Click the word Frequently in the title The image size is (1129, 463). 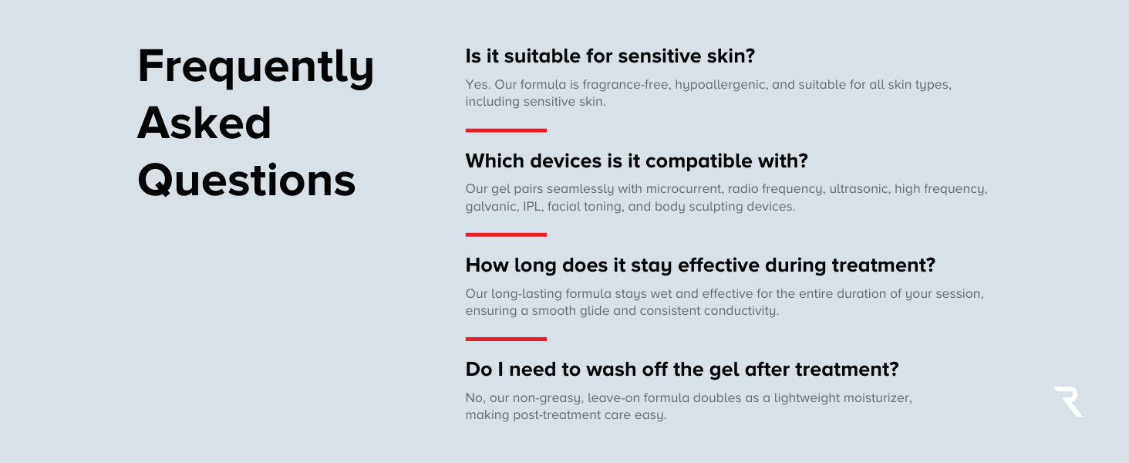(255, 68)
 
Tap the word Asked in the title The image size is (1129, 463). (204, 123)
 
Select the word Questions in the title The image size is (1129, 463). (247, 180)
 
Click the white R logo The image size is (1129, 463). (1068, 401)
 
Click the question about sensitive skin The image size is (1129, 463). (610, 56)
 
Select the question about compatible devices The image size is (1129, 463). (636, 161)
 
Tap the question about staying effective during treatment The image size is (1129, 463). (700, 265)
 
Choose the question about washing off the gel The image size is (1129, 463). (682, 369)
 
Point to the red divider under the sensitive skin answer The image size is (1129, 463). (506, 130)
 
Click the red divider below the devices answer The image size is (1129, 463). (506, 235)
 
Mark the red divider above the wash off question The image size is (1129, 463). (506, 339)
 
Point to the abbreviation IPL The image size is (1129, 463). (533, 206)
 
